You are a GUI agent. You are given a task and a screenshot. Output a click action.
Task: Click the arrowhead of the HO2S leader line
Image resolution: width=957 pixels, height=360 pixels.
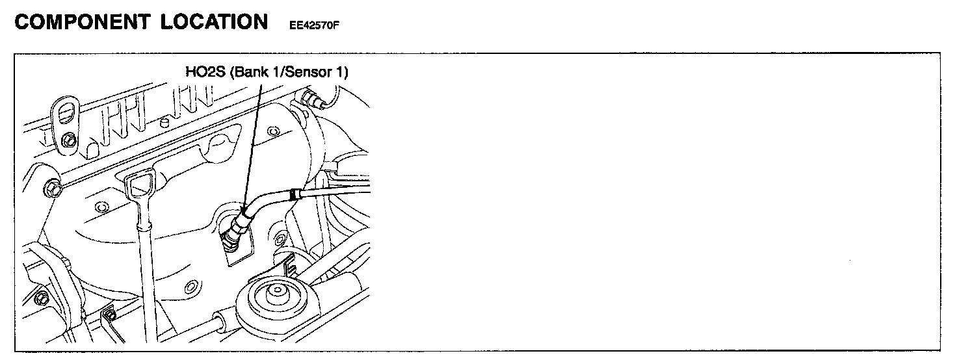coord(243,209)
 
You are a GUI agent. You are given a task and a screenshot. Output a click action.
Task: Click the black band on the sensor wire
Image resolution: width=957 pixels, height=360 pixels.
coord(296,193)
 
